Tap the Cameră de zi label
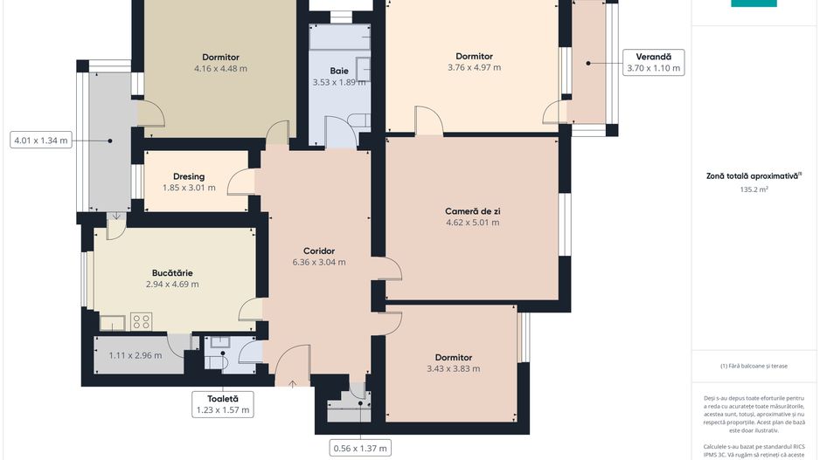point(472,211)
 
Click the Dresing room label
point(188,176)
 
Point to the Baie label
point(339,71)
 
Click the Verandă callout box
point(653,63)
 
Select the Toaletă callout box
point(222,403)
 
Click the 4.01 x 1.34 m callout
point(40,140)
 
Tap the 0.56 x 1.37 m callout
point(359,449)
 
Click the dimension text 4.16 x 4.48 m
point(219,68)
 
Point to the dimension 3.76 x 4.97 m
point(474,67)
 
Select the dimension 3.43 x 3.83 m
point(453,368)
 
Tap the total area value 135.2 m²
point(754,189)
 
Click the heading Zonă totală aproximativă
point(754,175)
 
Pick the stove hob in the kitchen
point(141,322)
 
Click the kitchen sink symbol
point(112,324)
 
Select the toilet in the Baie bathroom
point(359,120)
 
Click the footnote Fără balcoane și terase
point(754,366)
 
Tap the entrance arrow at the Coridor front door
point(291,381)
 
